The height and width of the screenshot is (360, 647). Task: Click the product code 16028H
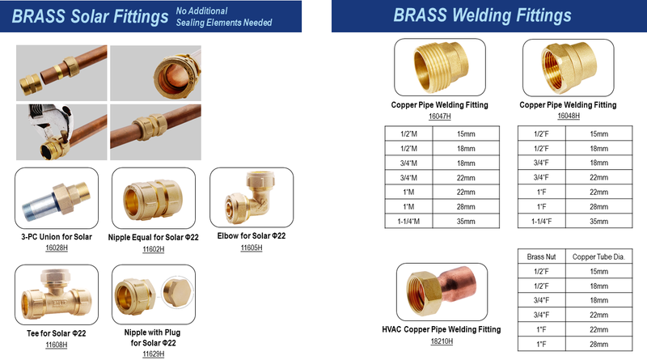coord(57,248)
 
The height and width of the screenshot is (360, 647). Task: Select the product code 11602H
coord(154,249)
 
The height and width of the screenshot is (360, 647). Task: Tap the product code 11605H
coord(252,248)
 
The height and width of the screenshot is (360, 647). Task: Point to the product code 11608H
coord(56,345)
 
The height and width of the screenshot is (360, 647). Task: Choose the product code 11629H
coord(154,354)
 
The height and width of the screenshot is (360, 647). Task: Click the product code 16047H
coord(439,116)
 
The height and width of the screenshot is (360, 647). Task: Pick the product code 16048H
coord(569,116)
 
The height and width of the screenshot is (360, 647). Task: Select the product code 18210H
coord(442,341)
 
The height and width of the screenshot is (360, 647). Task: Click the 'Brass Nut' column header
coord(541,256)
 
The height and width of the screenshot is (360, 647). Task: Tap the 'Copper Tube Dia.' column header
coord(598,256)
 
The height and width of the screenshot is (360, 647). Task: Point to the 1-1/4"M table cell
coord(408,222)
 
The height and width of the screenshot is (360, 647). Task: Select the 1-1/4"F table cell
coord(541,222)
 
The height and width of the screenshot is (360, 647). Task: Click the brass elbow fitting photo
coord(250,197)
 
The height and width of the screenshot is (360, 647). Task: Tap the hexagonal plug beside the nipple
coord(177,292)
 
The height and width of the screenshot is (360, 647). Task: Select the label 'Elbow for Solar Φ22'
coord(252,235)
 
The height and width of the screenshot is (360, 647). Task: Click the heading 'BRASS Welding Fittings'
coord(482,15)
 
